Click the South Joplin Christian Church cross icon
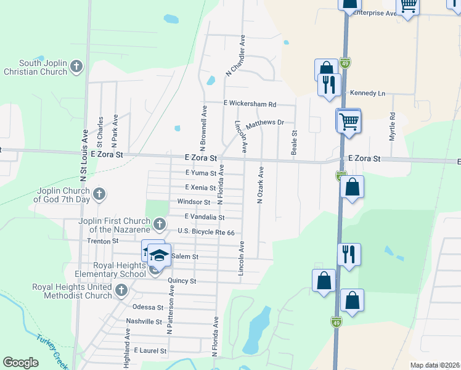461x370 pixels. [x=76, y=67]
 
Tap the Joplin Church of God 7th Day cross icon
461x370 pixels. [x=99, y=195]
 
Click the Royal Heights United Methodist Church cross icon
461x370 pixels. [x=121, y=290]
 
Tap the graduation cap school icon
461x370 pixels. [x=159, y=255]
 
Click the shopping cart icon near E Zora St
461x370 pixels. [x=349, y=121]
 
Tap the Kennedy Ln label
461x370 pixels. [x=367, y=93]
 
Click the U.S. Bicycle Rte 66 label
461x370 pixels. [x=206, y=232]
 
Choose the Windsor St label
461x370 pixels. [x=194, y=202]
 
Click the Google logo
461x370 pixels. [x=20, y=363]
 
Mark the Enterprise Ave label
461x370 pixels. [x=373, y=13]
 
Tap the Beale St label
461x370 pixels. [x=294, y=141]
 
